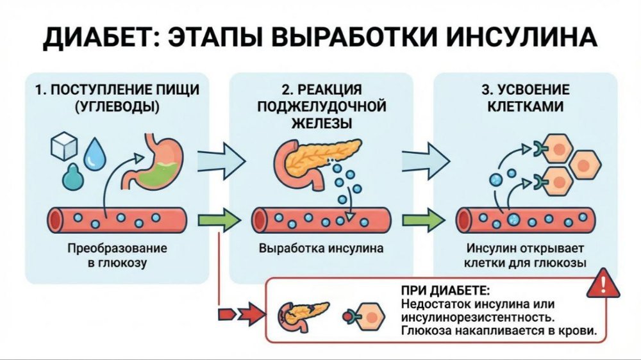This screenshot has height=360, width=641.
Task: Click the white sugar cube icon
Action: [x=65, y=147]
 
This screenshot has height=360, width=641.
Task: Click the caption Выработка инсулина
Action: [x=321, y=248]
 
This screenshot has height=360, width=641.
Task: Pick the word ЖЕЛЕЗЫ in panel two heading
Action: [x=321, y=121]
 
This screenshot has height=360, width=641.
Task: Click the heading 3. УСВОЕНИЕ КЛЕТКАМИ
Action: [x=524, y=97]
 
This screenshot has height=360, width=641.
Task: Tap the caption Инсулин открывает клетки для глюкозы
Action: [x=525, y=255]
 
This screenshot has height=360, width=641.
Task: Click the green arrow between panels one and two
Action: [x=219, y=220]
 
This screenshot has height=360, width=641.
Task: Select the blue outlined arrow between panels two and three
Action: [x=425, y=156]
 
